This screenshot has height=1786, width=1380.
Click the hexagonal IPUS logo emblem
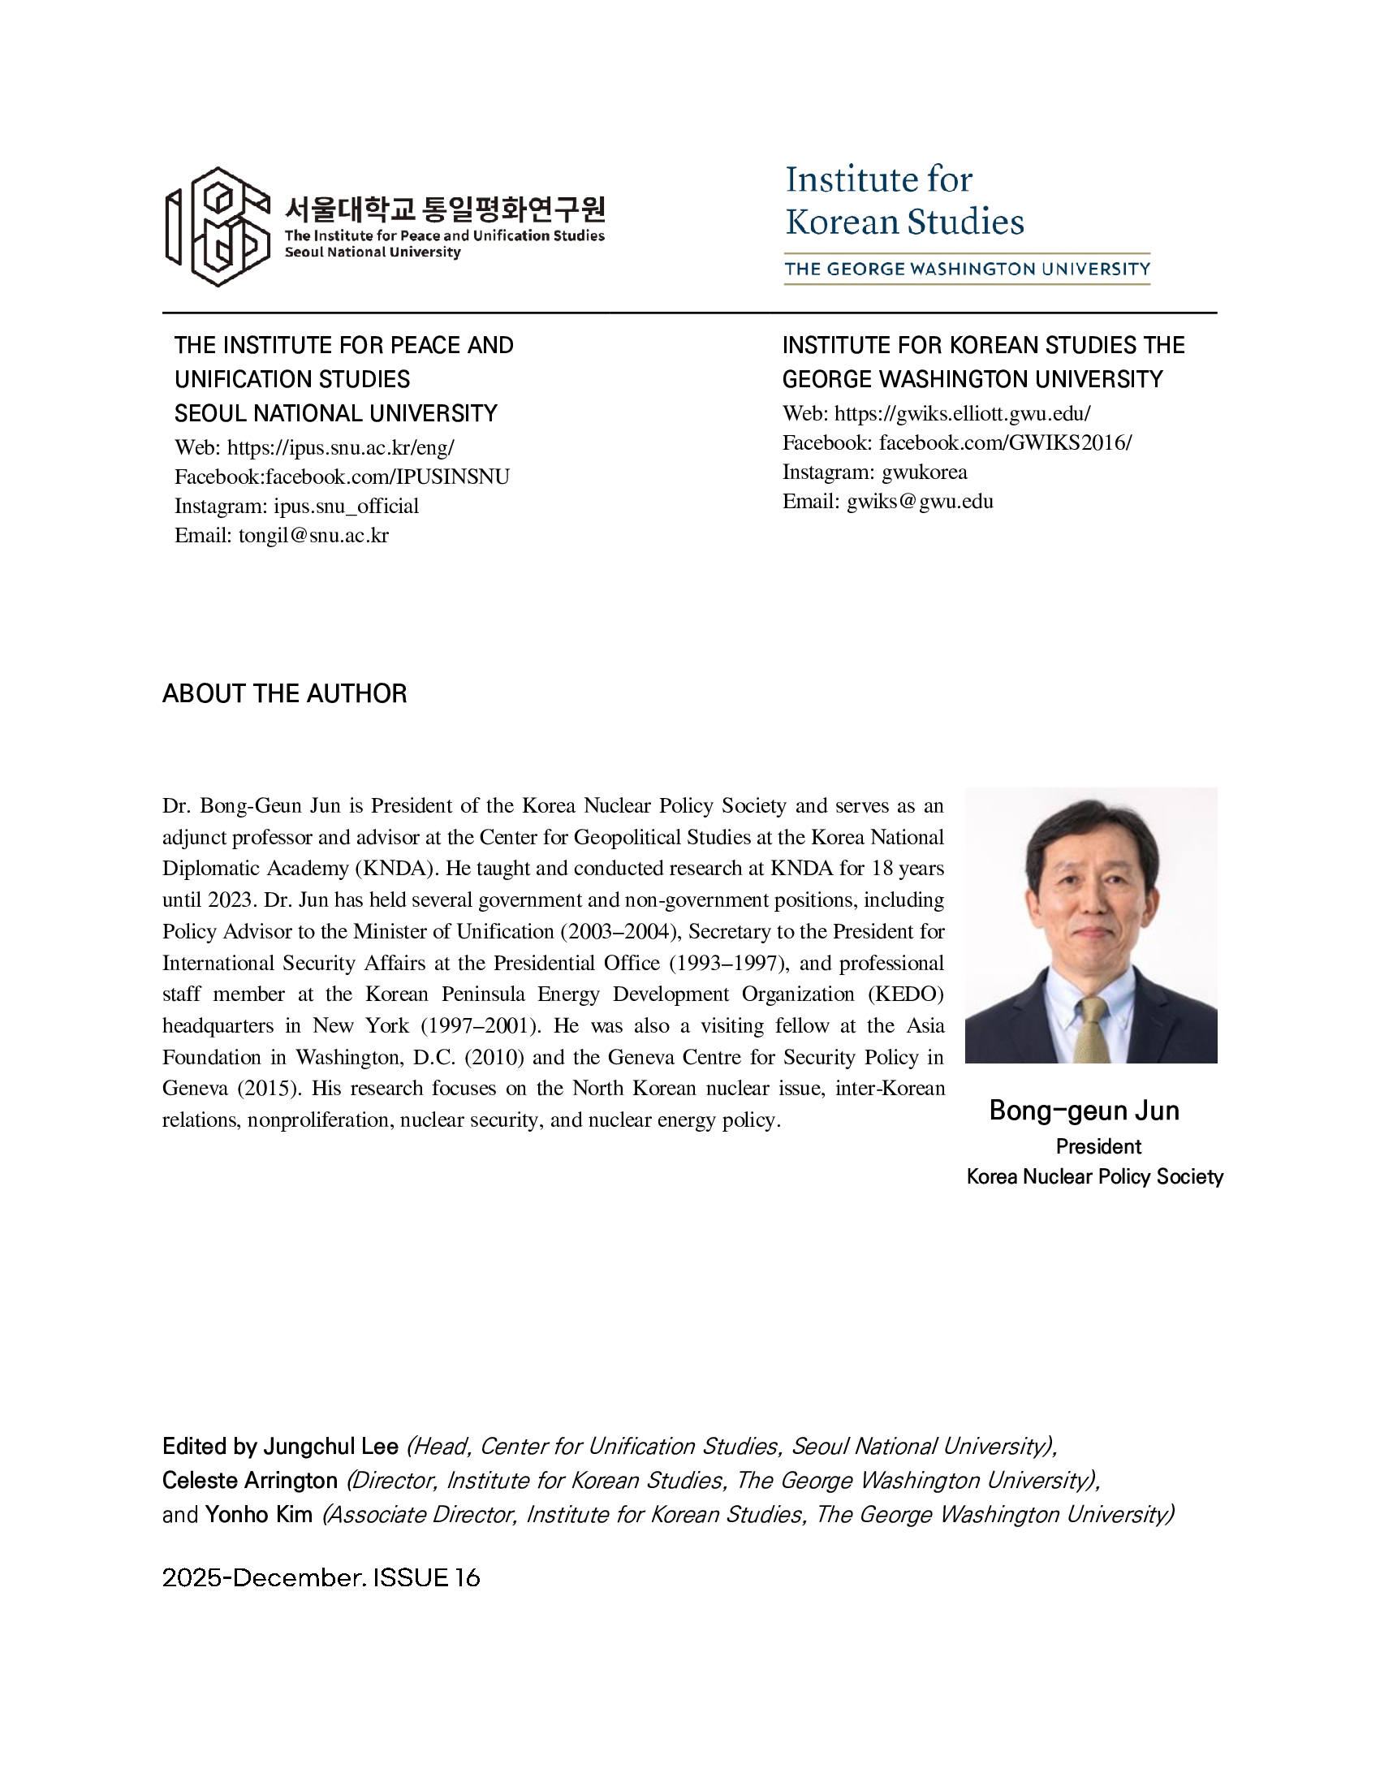click(218, 226)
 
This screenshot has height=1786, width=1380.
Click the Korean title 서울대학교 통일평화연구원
click(444, 209)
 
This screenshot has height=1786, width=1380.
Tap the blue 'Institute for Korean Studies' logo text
click(903, 201)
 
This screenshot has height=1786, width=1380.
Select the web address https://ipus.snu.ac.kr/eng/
click(340, 447)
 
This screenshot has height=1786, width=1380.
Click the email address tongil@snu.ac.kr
click(313, 536)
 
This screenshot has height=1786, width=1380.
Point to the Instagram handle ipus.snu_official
click(346, 507)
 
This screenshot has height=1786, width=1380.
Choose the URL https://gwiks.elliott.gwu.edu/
click(962, 413)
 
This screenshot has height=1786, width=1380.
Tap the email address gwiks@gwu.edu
click(920, 501)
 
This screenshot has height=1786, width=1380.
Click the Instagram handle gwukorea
click(924, 472)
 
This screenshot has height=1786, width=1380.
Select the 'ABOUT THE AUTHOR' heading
click(284, 693)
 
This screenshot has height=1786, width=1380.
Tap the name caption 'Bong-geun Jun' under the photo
click(1084, 1111)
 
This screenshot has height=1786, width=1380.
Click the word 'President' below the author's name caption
click(1098, 1146)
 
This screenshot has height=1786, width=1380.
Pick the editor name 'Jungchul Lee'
click(330, 1447)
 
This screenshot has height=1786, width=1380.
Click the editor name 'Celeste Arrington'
click(250, 1480)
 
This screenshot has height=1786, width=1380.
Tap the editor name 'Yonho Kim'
click(258, 1515)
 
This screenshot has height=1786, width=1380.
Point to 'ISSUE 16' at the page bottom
click(426, 1577)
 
